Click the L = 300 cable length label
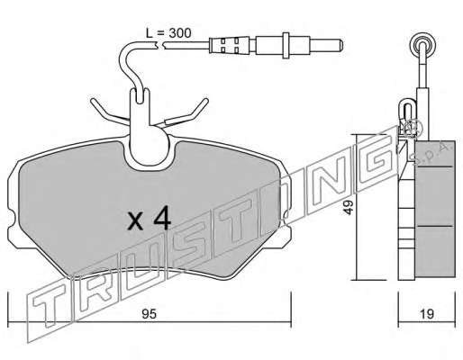[x=168, y=33]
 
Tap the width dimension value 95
[x=150, y=314]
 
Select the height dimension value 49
[x=349, y=207]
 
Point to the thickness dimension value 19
[x=427, y=314]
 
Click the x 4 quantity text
[x=149, y=220]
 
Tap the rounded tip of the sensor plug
[x=340, y=45]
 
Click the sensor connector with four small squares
[x=230, y=45]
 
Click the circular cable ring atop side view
[x=423, y=42]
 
